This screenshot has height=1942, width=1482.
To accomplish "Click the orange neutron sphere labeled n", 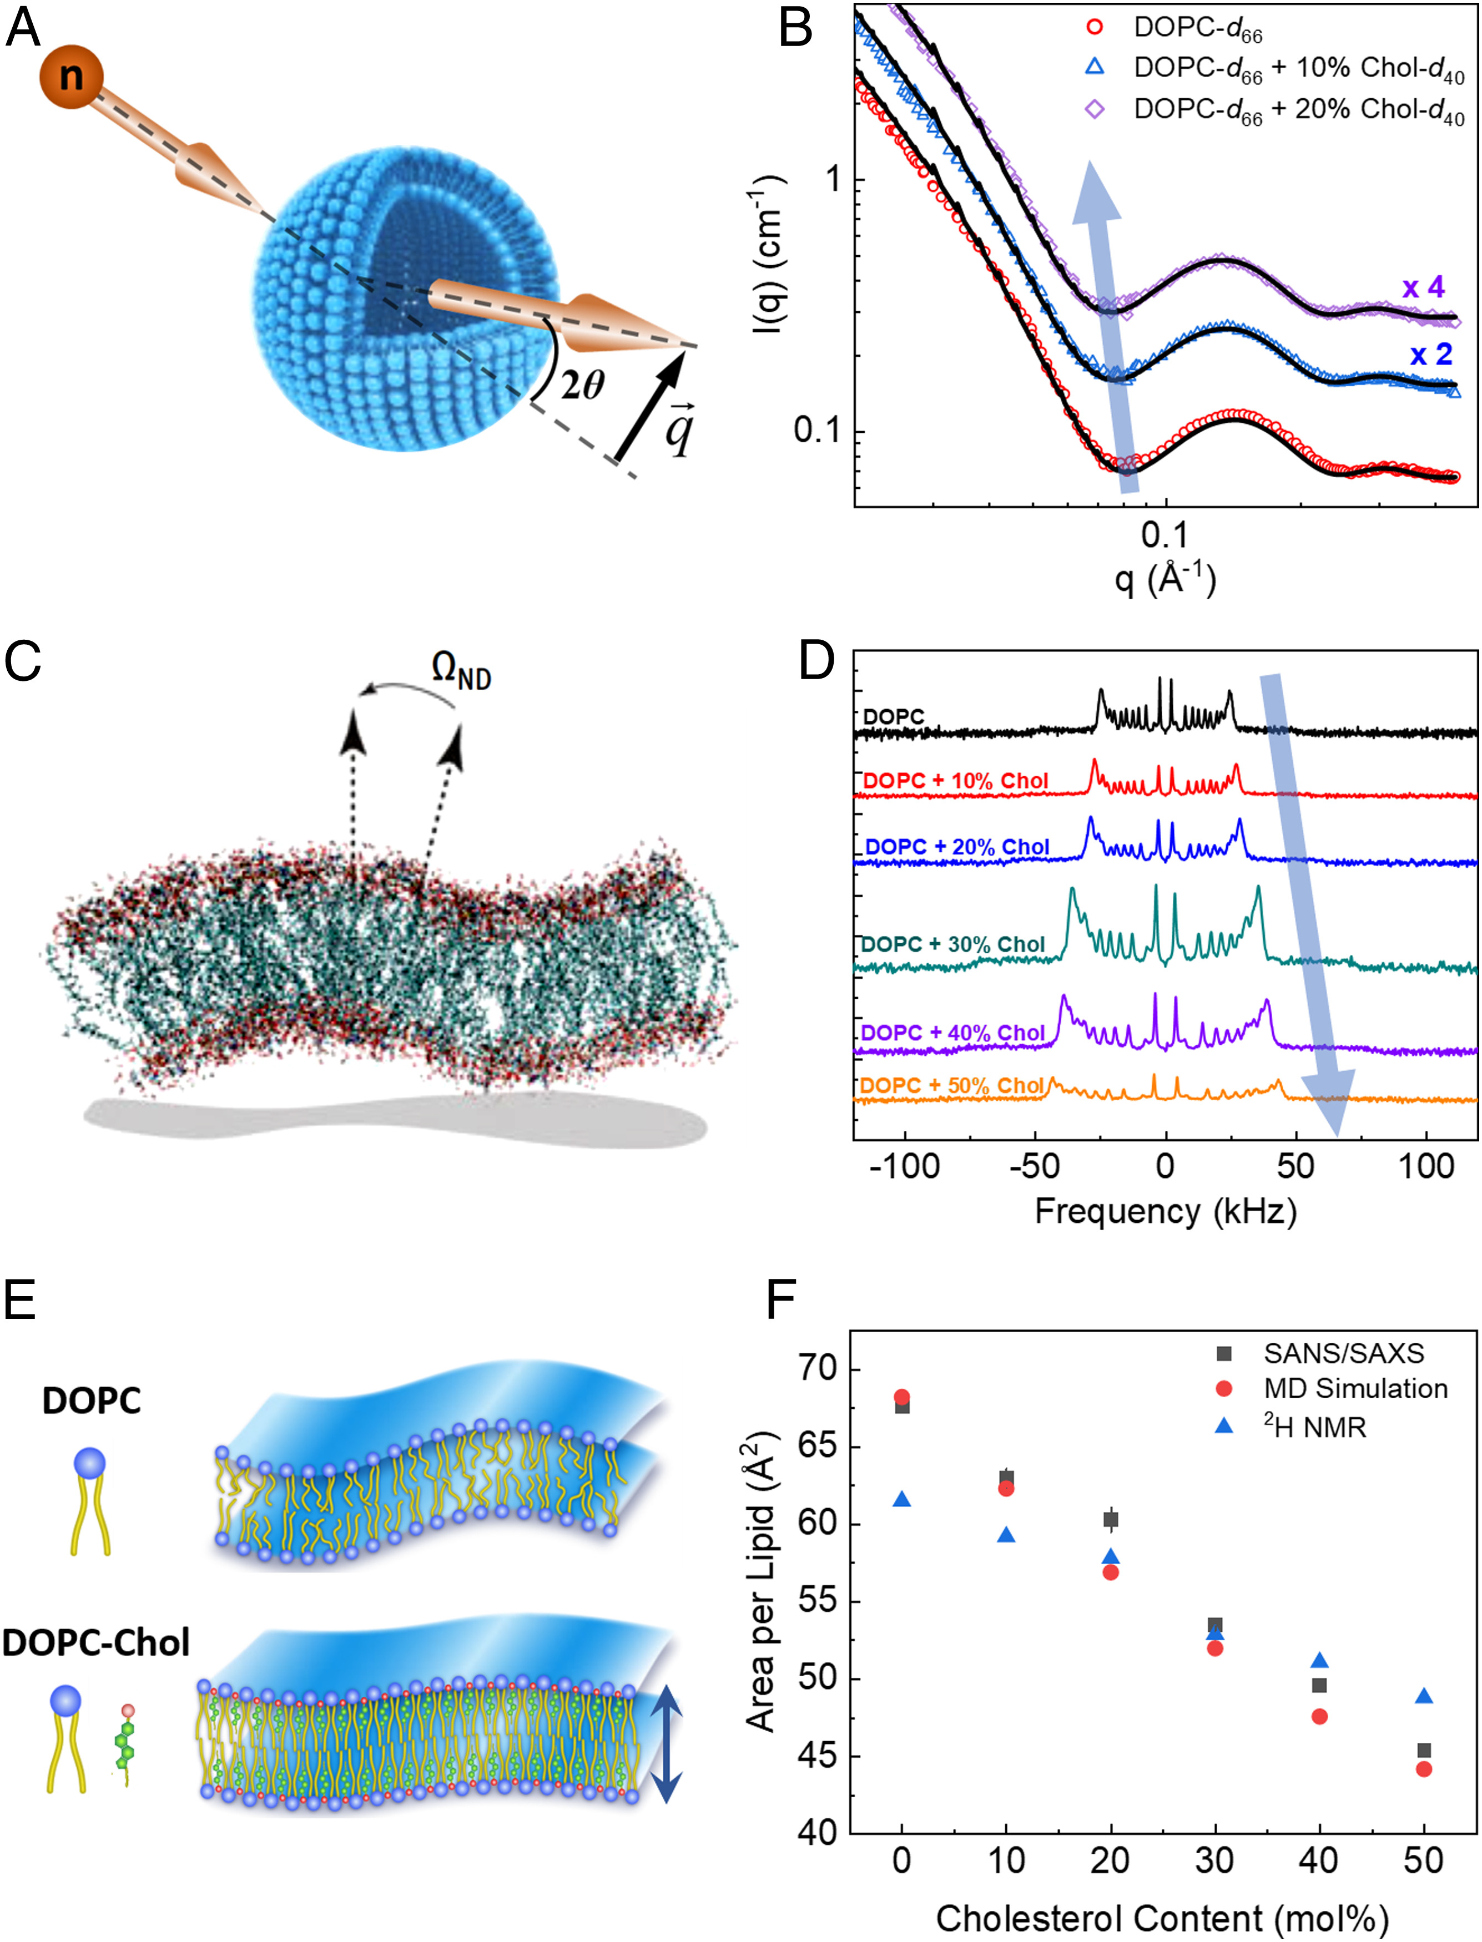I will pyautogui.click(x=70, y=77).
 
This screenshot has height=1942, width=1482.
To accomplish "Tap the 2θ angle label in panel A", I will pyautogui.click(x=582, y=383).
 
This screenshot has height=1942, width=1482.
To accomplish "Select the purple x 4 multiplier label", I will pyautogui.click(x=1423, y=287).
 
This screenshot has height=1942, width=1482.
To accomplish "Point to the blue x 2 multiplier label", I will pyautogui.click(x=1431, y=355).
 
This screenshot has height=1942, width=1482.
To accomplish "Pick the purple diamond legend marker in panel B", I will pyautogui.click(x=1095, y=109).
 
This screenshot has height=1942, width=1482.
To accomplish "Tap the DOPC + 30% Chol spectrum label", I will pyautogui.click(x=952, y=944).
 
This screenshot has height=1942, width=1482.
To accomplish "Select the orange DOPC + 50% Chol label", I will pyautogui.click(x=951, y=1086).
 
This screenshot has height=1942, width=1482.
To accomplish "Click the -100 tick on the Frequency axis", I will pyautogui.click(x=904, y=1167).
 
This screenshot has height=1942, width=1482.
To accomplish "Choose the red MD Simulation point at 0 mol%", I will pyautogui.click(x=901, y=1397).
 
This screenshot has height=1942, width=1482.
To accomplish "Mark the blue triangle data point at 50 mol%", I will pyautogui.click(x=1424, y=1697).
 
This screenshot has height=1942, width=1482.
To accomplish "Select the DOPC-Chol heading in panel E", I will pyautogui.click(x=95, y=1642).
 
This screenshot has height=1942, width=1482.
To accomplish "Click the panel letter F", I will pyautogui.click(x=782, y=1299).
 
